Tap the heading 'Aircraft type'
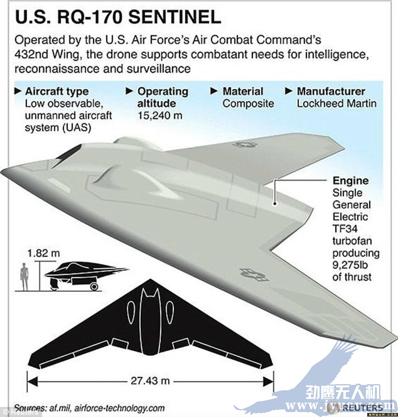(x=57, y=91)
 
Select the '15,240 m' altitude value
(x=160, y=115)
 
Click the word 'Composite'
(x=248, y=104)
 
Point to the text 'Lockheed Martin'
(x=336, y=103)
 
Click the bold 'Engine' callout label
(x=350, y=181)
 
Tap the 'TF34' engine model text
(x=345, y=228)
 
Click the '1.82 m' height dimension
(x=44, y=253)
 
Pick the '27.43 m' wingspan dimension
(x=150, y=380)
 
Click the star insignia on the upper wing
(x=244, y=144)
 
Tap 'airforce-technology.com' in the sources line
(x=126, y=408)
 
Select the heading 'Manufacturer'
(x=331, y=91)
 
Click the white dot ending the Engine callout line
(x=275, y=202)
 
